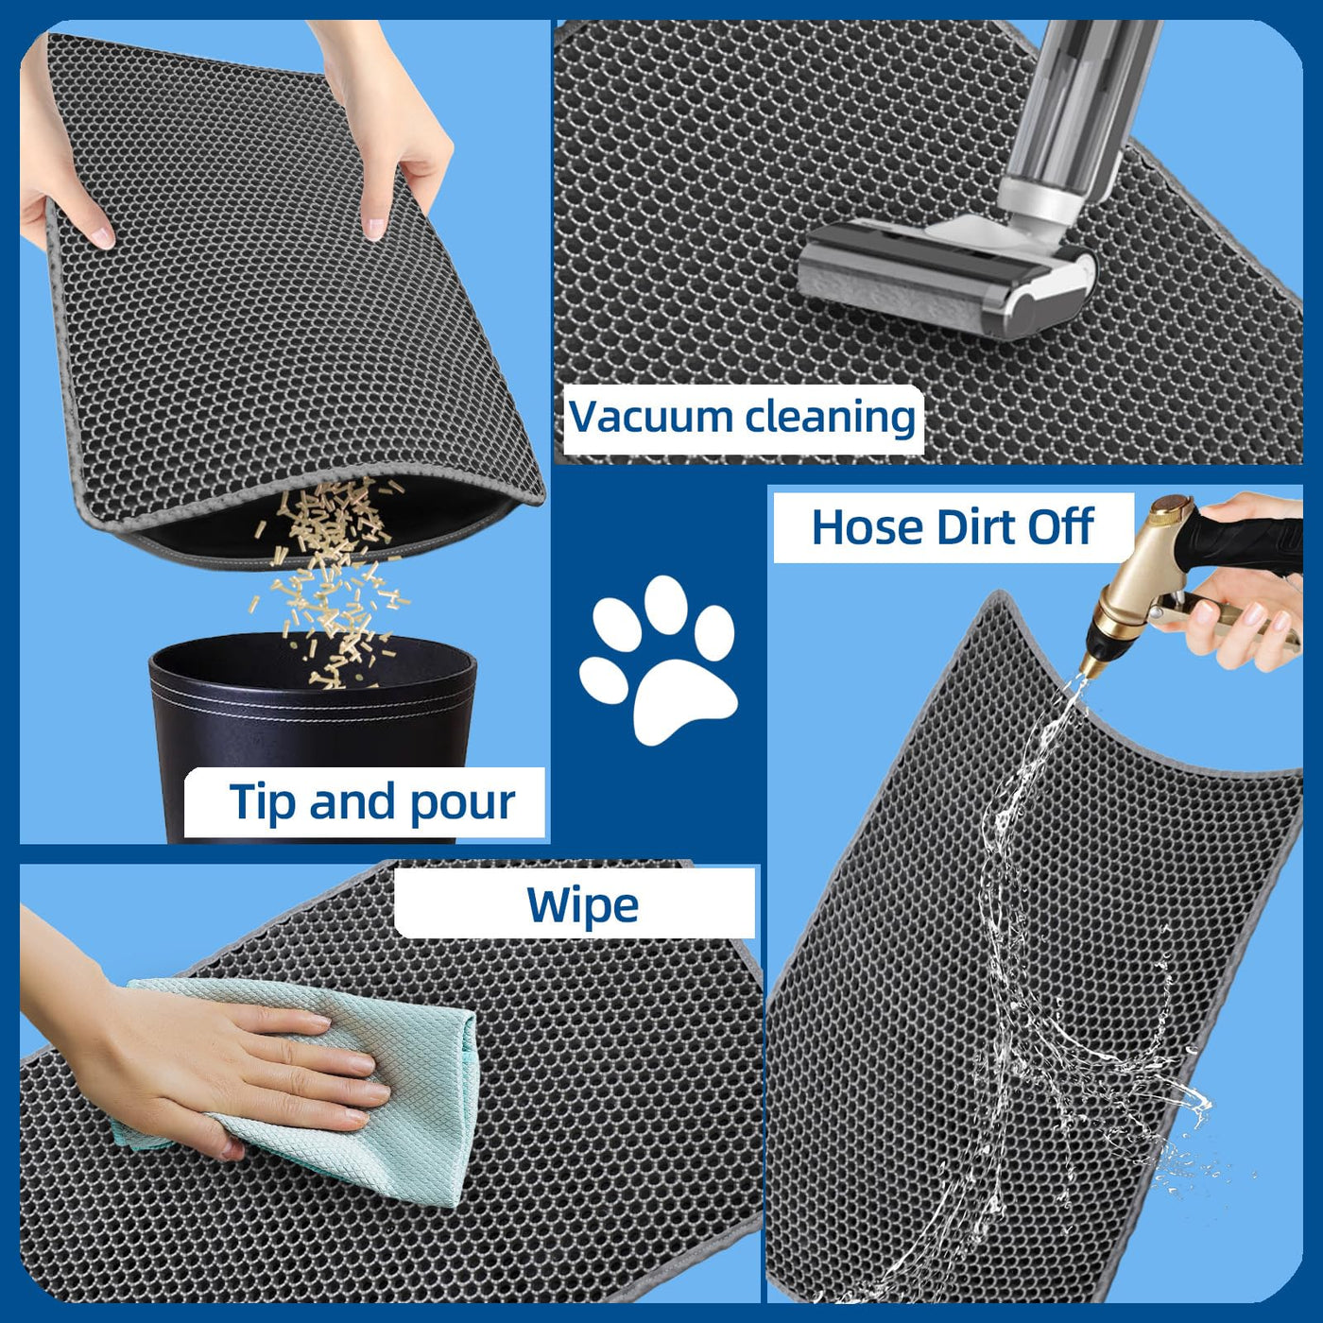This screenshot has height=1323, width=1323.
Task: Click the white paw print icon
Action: [x=658, y=660]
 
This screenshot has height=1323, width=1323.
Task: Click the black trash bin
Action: [x=314, y=734]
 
